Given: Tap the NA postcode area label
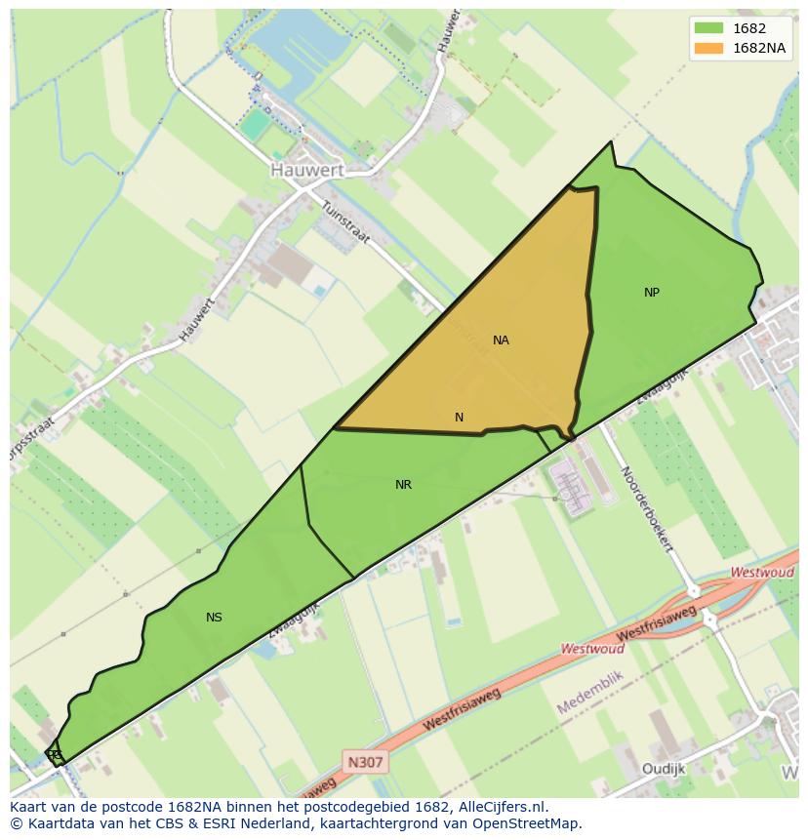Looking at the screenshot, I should tap(501, 340).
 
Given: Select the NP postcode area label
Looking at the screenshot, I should tap(652, 293).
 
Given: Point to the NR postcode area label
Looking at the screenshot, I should tap(403, 485).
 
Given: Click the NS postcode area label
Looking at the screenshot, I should tap(214, 618).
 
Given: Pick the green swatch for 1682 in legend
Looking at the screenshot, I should tap(708, 28).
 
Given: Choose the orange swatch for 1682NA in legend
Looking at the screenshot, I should tap(708, 48).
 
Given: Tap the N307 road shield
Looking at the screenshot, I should tap(366, 761).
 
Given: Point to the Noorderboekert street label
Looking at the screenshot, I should tap(647, 508).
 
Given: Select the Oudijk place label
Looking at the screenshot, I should tap(664, 769).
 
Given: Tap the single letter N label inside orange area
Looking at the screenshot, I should tap(459, 418).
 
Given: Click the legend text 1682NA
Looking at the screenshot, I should tap(759, 48).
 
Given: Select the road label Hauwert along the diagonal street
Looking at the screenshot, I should tap(196, 320).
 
